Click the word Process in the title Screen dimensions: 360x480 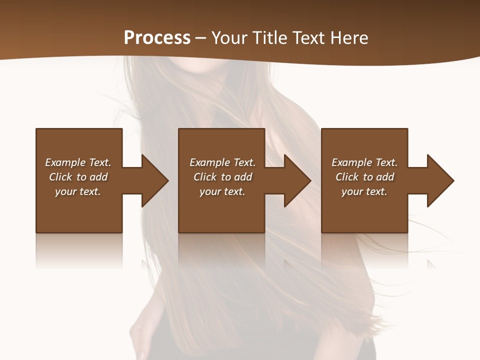(x=157, y=37)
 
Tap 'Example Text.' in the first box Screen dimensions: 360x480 (x=78, y=162)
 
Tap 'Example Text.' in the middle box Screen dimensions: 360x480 (x=222, y=162)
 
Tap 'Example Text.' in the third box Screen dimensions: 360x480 (x=364, y=162)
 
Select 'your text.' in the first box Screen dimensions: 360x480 (x=78, y=191)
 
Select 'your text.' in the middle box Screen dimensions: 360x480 (x=222, y=191)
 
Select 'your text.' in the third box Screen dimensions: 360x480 (x=364, y=191)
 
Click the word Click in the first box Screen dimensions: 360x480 (x=61, y=177)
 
